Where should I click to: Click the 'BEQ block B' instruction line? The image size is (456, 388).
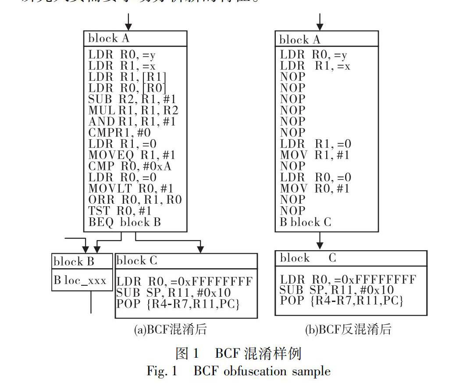[125, 222]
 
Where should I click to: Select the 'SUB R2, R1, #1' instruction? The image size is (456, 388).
[132, 99]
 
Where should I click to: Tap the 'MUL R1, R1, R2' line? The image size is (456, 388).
[133, 110]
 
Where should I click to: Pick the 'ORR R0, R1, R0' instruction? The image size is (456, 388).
[135, 200]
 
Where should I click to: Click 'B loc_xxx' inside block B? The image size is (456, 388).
[80, 280]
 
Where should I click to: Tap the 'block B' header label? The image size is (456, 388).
[74, 262]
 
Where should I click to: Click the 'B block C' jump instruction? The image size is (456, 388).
[306, 222]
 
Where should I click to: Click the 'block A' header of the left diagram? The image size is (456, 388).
[109, 38]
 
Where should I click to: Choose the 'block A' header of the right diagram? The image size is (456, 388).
[300, 40]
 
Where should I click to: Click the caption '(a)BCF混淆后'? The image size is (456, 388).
[171, 330]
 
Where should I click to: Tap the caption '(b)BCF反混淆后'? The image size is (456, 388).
[348, 330]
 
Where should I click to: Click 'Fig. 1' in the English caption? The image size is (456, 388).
[162, 371]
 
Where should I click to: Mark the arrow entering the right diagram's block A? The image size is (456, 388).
[321, 22]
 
